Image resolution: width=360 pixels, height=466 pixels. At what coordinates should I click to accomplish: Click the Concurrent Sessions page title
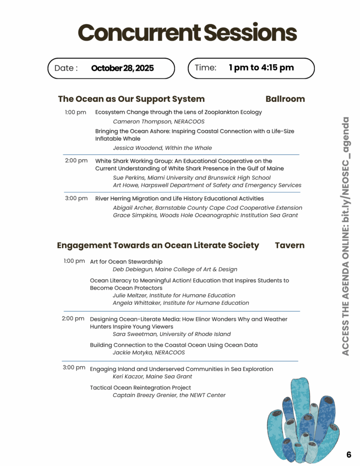[187, 32]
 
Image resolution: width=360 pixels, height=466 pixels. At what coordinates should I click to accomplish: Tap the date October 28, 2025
[122, 68]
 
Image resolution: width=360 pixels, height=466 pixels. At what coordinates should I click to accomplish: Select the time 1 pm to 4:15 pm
[261, 68]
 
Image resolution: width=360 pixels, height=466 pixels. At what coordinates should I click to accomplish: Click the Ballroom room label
[285, 99]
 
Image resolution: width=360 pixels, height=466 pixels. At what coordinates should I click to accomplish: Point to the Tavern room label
[289, 245]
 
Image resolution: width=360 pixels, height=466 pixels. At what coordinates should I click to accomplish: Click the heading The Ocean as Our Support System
[131, 99]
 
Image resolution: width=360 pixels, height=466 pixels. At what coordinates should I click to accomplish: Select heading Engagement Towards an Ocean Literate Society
[157, 245]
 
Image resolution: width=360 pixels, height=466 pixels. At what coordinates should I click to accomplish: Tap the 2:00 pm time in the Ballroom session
[76, 161]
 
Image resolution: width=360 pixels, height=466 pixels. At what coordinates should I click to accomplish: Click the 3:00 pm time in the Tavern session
[74, 367]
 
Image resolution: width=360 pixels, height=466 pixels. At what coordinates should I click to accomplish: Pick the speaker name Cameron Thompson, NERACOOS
[158, 122]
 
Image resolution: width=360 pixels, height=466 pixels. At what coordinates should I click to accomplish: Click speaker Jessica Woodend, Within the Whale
[162, 148]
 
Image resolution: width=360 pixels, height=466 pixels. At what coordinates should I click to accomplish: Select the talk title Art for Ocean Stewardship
[126, 262]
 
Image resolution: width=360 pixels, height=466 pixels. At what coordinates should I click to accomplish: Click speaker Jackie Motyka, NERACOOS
[148, 352]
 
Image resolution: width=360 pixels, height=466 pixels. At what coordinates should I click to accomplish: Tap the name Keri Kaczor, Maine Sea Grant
[152, 376]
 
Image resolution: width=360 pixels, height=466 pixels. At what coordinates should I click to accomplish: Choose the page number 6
[349, 454]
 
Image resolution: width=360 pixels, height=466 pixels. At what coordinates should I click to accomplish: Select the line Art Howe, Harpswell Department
[207, 185]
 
